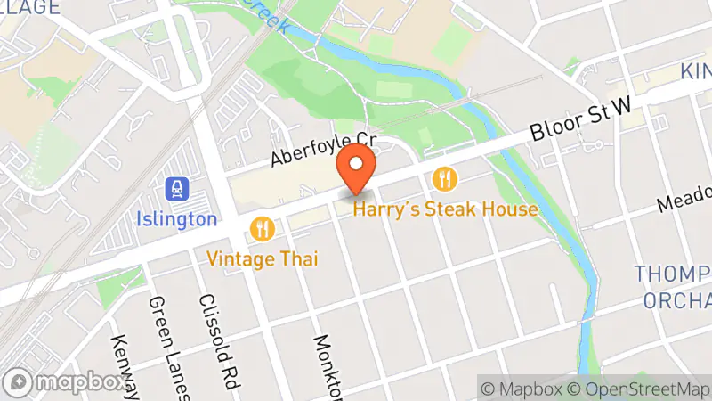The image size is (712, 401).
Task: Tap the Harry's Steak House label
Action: [446, 209]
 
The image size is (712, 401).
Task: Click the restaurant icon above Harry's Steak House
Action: [444, 180]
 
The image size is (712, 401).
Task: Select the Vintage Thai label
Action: [263, 258]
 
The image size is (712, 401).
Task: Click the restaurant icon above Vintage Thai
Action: [262, 229]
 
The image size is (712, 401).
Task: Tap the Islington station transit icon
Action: [178, 189]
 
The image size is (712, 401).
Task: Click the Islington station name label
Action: [178, 218]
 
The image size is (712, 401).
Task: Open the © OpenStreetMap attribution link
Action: [638, 389]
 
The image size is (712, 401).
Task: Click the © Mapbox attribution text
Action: [522, 389]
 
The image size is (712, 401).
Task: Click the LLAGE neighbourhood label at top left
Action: [31, 8]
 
